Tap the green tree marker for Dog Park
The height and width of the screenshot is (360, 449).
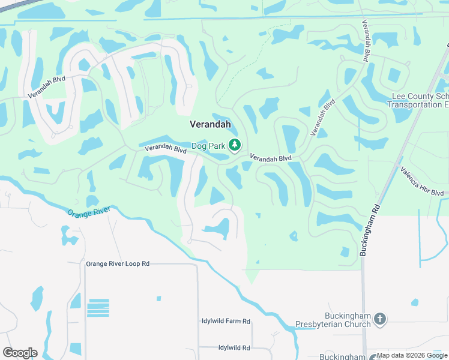(x=234, y=145)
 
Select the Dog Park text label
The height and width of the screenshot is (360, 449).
(x=207, y=146)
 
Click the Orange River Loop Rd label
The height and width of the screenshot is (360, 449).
(x=117, y=263)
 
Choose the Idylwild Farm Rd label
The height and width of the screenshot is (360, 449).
(x=226, y=321)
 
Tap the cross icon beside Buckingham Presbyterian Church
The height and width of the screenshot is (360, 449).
(x=379, y=320)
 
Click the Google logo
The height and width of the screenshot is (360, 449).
(x=20, y=353)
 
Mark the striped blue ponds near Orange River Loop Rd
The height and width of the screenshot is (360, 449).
(x=98, y=308)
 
